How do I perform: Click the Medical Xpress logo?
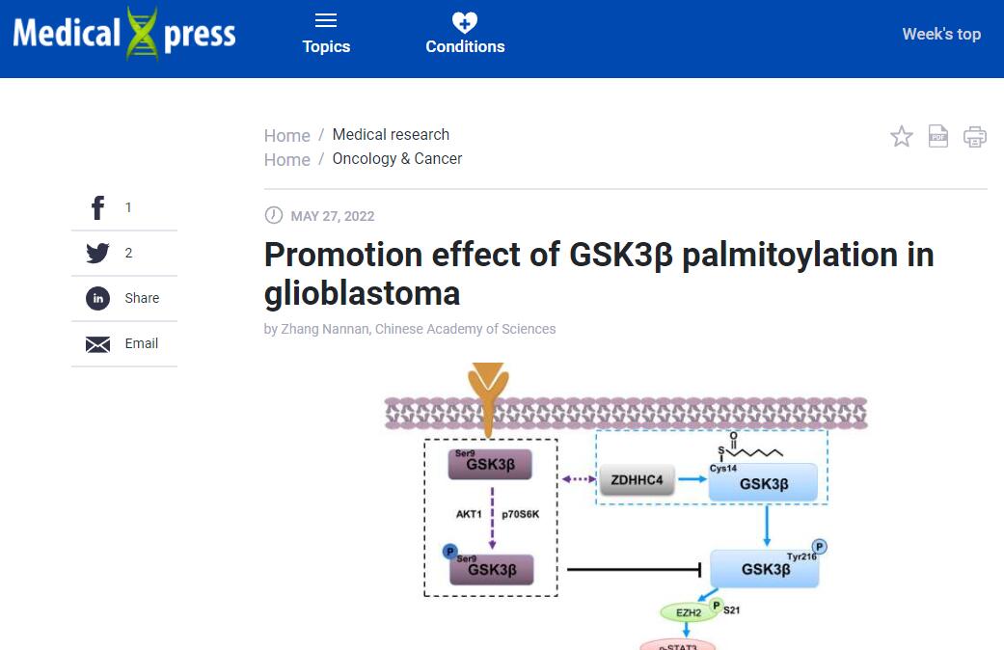point(124,35)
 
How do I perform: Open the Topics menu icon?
point(326,21)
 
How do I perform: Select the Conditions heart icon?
point(465,22)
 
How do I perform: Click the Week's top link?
point(940,34)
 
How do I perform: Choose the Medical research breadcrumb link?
point(391,134)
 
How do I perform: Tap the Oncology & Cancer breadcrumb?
point(396,158)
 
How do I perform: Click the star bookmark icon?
point(901,136)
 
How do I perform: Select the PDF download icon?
point(938,136)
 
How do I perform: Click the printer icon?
point(975,136)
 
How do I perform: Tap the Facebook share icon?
point(97,207)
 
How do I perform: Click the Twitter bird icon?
point(97,253)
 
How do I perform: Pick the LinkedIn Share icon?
point(97,298)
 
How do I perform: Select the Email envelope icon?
point(97,344)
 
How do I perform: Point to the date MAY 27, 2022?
point(332,216)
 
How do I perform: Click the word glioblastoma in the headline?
point(362,292)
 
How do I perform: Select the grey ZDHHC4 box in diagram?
point(637,479)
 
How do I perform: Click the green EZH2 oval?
point(689,611)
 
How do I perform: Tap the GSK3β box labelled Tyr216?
point(765,568)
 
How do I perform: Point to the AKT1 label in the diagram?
point(469,514)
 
